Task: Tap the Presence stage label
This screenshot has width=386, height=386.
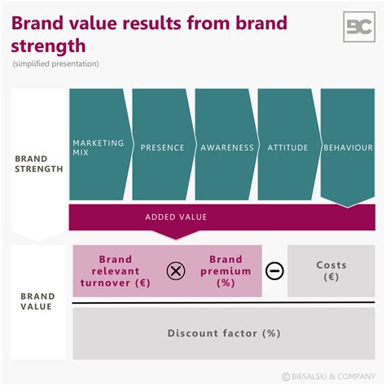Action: (162, 147)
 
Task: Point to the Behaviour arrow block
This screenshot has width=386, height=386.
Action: (348, 147)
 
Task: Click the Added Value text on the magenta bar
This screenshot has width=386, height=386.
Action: (176, 217)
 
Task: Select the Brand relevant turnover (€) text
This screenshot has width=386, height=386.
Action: (116, 271)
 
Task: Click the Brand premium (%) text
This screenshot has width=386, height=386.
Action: (221, 271)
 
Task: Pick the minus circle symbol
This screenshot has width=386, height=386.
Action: (275, 271)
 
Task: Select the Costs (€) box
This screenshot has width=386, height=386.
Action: (331, 271)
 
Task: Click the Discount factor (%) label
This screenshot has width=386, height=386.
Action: (224, 333)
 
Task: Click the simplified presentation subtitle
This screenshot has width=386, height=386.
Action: (55, 64)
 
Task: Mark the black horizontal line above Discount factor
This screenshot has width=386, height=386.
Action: (224, 303)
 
